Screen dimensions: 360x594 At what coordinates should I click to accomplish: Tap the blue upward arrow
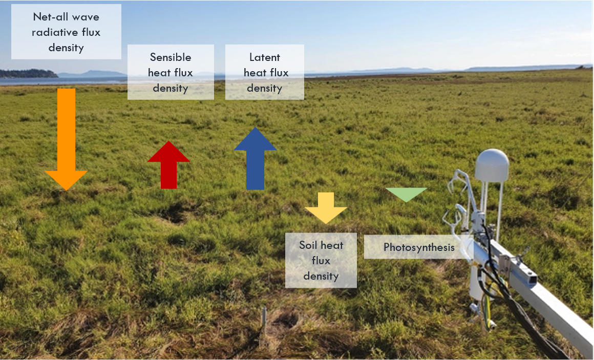[x=255, y=159]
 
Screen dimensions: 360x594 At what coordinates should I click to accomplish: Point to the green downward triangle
[x=406, y=194]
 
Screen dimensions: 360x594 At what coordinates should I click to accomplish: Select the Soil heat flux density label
[x=321, y=260]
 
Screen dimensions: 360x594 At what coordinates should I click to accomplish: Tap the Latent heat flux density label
[x=265, y=72]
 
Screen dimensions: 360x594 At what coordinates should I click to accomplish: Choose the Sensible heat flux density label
[x=171, y=72]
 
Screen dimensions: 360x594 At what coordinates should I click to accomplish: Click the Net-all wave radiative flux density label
[x=66, y=32]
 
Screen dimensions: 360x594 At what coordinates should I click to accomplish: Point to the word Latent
[x=265, y=57]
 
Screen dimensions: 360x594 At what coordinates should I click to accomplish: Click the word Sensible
[x=171, y=57]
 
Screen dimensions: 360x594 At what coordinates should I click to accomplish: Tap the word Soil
[x=309, y=245]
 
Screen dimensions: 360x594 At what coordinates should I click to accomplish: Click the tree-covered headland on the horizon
[x=28, y=74]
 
